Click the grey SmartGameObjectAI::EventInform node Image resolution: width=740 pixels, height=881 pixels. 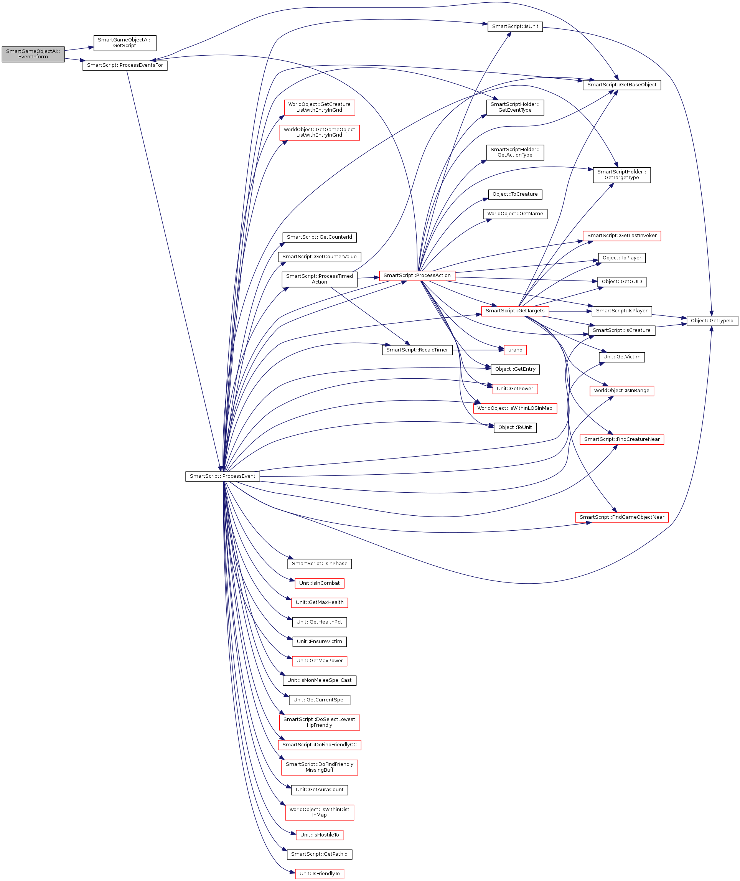(33, 54)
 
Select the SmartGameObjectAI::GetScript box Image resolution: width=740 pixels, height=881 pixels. (125, 43)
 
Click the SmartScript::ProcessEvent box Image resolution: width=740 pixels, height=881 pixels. (222, 476)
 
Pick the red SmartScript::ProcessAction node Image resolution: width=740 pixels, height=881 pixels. (417, 276)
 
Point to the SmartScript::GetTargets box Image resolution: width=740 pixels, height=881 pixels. (515, 311)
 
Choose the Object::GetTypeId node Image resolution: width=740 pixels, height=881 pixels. (712, 321)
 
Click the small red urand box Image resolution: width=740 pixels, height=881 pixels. (515, 350)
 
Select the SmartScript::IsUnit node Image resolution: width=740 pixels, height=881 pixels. (515, 26)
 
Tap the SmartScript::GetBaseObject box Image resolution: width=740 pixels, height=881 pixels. (622, 85)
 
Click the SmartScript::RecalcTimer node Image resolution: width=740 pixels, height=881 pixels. (417, 350)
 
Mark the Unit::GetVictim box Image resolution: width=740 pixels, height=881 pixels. (622, 357)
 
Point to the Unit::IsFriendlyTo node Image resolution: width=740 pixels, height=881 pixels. (320, 873)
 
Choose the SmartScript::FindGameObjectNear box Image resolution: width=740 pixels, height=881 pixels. (622, 517)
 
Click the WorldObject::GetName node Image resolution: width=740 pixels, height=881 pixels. (515, 214)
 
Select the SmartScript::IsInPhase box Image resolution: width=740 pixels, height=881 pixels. (320, 564)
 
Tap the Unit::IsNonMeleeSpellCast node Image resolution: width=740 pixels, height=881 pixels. (320, 680)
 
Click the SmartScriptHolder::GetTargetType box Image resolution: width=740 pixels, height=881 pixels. (622, 175)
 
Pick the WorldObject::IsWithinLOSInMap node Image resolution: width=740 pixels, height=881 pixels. (515, 408)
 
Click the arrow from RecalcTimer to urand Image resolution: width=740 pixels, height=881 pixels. (478, 350)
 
